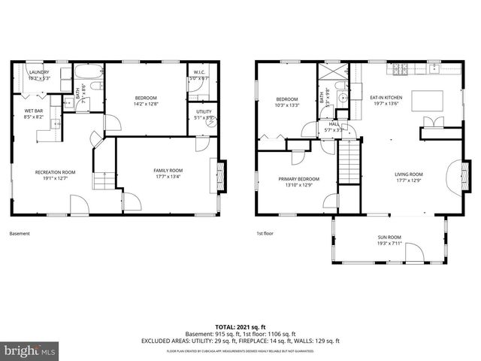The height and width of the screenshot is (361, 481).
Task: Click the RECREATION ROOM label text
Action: click(55, 172)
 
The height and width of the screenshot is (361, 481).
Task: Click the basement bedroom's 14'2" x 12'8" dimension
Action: click(146, 103)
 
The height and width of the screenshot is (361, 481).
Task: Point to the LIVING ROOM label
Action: click(410, 174)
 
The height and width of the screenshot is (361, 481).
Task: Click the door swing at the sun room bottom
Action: click(414, 254)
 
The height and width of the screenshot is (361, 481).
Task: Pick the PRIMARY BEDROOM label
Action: click(298, 178)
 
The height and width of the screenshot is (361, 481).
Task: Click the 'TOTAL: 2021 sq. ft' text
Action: click(240, 326)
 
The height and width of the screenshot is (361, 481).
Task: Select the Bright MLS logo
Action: click(30, 350)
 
